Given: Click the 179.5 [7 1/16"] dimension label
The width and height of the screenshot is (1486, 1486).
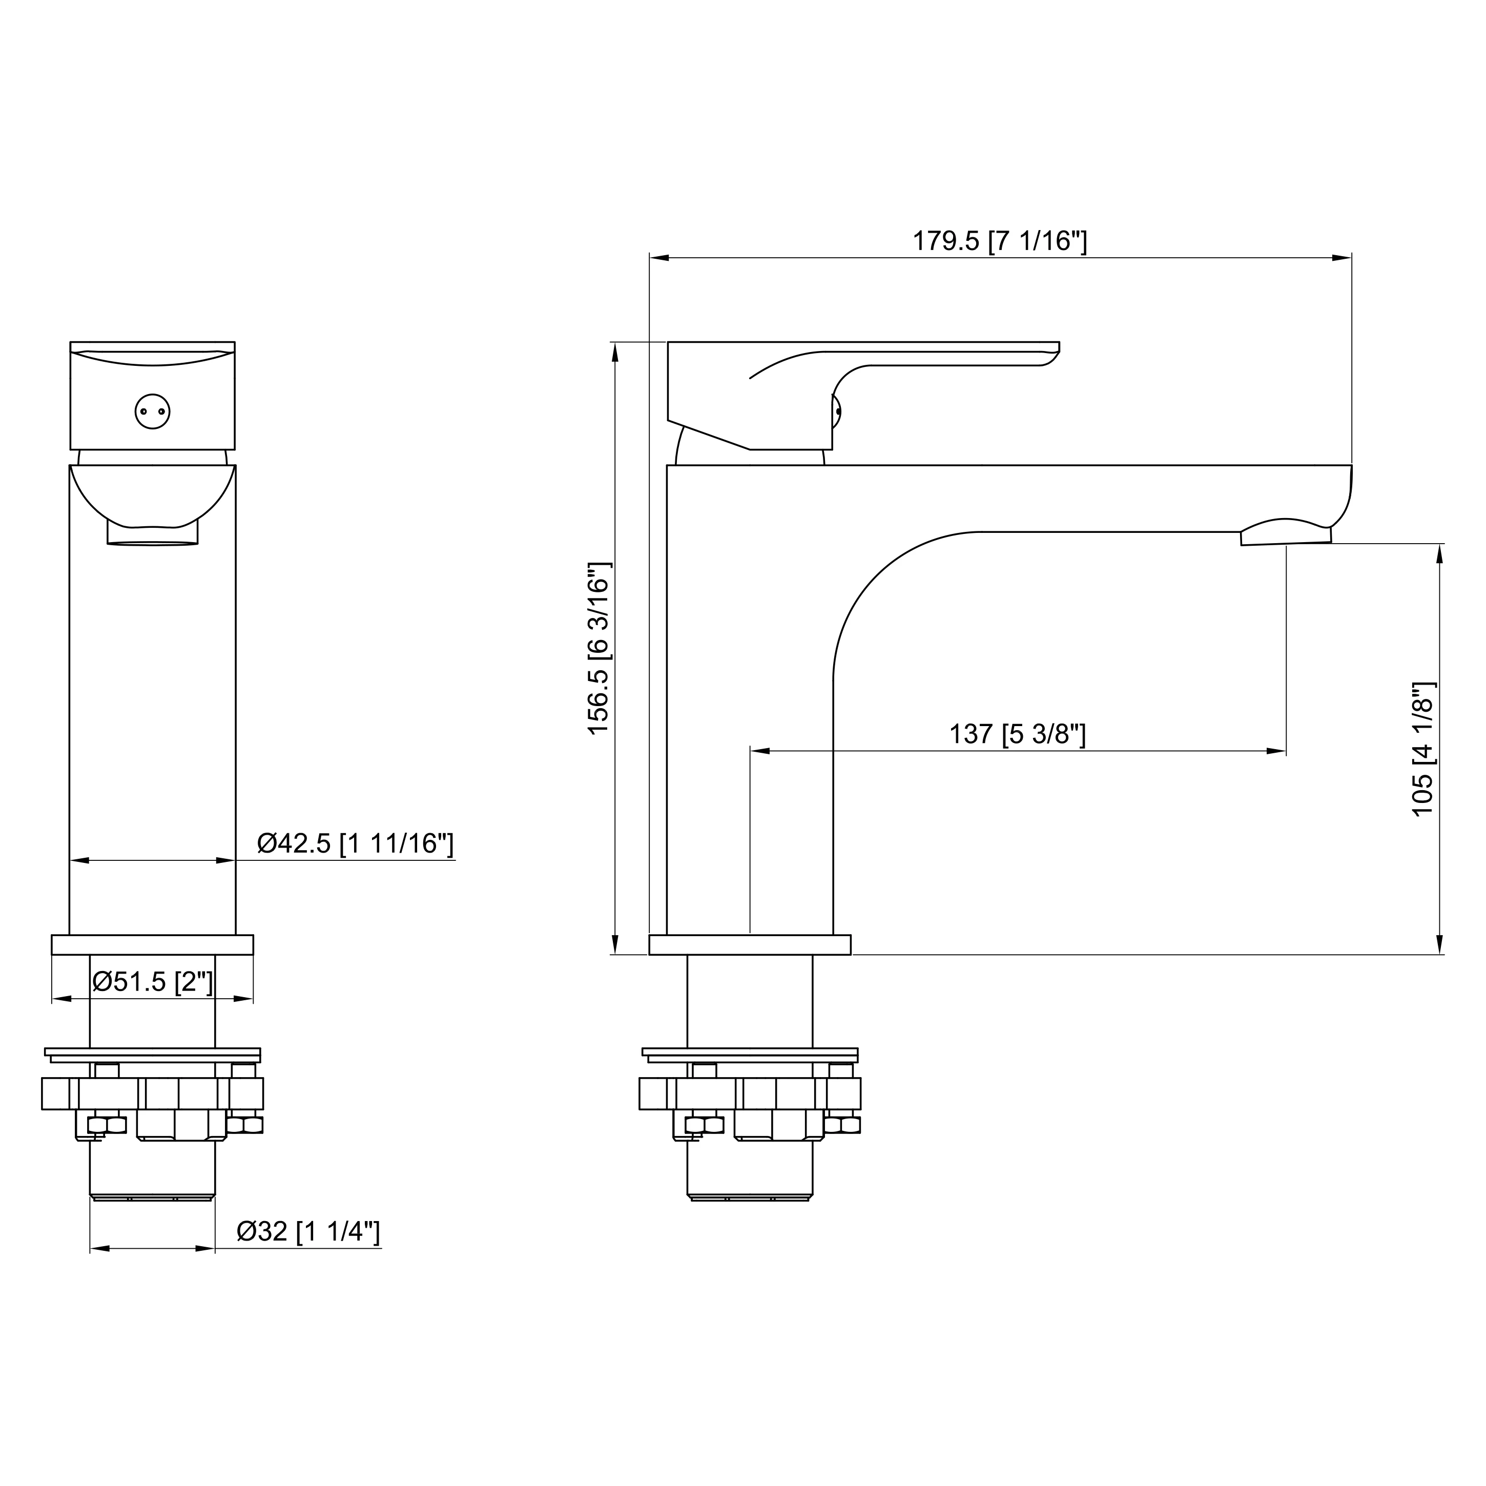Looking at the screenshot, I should (x=999, y=241).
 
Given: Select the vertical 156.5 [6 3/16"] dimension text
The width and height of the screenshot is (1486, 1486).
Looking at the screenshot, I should (x=598, y=648).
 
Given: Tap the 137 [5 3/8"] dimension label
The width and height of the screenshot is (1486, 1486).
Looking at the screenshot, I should (x=1017, y=734).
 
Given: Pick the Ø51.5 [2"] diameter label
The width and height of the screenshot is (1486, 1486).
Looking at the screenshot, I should (x=152, y=981).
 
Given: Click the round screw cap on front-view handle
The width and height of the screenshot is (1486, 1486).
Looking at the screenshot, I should (x=152, y=411).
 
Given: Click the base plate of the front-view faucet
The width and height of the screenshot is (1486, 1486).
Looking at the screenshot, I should (x=152, y=944).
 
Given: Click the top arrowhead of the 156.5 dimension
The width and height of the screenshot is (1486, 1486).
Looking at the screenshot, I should (x=614, y=352).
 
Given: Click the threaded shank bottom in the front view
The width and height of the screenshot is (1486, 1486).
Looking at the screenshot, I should (x=152, y=1197).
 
